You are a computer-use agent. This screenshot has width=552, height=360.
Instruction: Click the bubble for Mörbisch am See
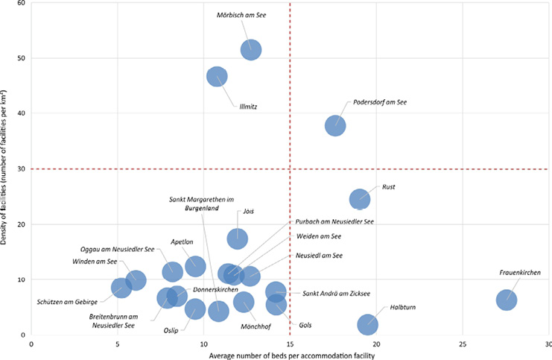tap(251, 50)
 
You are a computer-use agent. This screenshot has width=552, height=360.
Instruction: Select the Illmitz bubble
tap(217, 77)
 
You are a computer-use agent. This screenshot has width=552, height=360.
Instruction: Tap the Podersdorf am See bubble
tap(335, 125)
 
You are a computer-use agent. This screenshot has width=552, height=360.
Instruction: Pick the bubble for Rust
tap(360, 199)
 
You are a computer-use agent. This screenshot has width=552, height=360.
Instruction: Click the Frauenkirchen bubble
tap(507, 300)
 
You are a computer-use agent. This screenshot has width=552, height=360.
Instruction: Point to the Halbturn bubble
tap(367, 324)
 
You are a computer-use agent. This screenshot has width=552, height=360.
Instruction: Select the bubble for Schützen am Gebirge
tap(121, 287)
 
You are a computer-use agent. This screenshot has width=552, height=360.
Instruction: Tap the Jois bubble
tap(238, 239)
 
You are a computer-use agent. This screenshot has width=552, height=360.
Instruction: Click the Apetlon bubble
tap(195, 266)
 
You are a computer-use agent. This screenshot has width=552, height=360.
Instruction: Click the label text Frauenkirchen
tap(520, 274)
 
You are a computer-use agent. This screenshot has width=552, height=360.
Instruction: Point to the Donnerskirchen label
tap(215, 289)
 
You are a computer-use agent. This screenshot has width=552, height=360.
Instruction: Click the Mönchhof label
tap(256, 326)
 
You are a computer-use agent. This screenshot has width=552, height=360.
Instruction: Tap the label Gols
tap(305, 326)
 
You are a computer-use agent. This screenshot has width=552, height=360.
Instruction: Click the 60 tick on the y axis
tap(21, 3)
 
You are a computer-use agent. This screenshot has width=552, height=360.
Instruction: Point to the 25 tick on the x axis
tap(462, 344)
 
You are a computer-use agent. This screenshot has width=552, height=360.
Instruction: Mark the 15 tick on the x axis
tap(290, 344)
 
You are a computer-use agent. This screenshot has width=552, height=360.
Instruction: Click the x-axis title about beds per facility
tap(290, 356)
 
